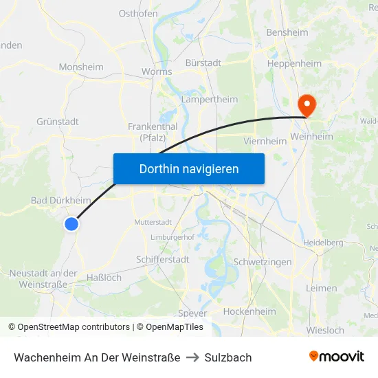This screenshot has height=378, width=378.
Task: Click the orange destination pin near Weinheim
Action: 306,105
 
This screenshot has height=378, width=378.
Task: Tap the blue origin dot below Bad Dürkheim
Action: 71,223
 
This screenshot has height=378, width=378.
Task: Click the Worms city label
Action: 157,71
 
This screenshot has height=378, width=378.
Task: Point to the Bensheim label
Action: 287,32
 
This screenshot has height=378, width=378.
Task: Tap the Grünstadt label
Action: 58,122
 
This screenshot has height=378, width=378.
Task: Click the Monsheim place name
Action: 81,67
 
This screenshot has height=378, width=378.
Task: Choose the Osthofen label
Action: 138,13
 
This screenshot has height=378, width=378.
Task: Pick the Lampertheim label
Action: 209,100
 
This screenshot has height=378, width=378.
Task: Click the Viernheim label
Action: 265,141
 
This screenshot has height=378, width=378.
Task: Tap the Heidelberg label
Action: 323,243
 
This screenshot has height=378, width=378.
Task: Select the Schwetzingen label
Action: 263,263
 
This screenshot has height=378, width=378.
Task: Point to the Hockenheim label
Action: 250,311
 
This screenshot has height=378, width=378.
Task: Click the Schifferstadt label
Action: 163,259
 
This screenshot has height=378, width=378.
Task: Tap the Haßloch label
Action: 104,278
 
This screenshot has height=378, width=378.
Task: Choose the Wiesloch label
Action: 324,331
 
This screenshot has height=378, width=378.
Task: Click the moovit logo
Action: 336,356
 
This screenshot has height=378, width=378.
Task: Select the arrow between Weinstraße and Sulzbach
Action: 192,357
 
